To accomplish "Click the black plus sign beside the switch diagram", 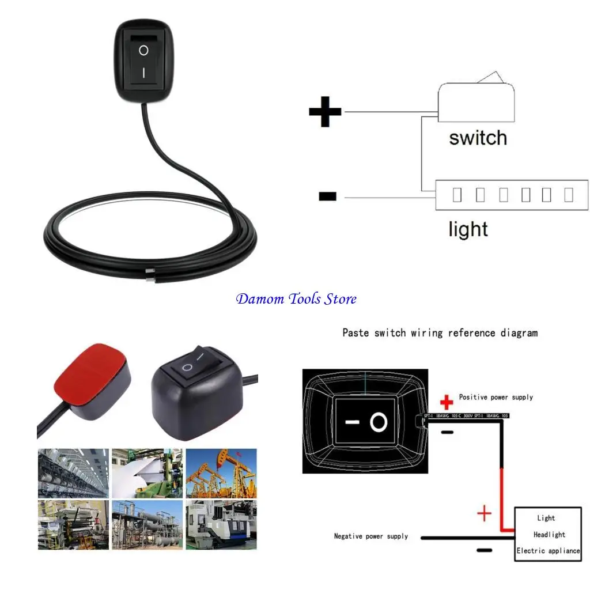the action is click(x=325, y=112).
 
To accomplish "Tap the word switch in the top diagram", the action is click(x=478, y=138).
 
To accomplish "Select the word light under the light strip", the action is click(x=468, y=229).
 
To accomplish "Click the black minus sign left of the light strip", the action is click(x=327, y=197).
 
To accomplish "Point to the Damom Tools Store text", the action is click(x=296, y=299).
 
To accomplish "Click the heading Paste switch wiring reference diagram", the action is click(x=440, y=332).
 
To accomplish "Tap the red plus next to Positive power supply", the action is click(x=446, y=401).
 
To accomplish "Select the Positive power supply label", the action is click(x=496, y=397).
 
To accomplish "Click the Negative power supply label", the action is click(x=370, y=536).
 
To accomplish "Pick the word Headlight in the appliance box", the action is click(x=549, y=535).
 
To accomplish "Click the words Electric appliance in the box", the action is click(x=548, y=551).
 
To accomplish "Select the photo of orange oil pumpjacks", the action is click(x=221, y=473).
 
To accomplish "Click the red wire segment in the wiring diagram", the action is click(x=502, y=496).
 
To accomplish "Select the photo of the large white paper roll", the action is click(x=147, y=473).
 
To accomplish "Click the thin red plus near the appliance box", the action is click(x=485, y=512).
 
